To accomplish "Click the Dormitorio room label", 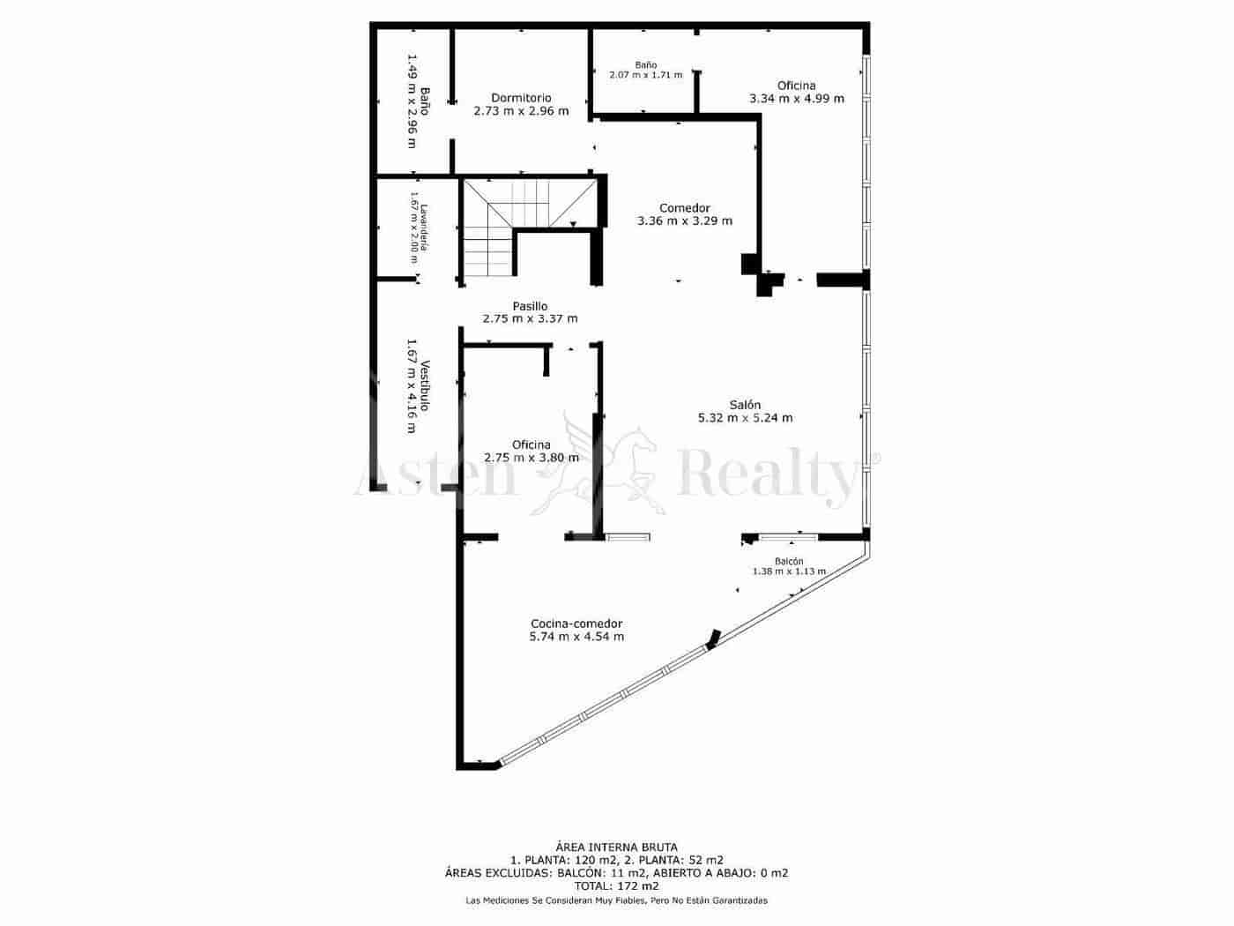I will [x=521, y=98].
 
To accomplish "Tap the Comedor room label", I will [x=684, y=208].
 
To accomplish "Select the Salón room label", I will [x=745, y=405].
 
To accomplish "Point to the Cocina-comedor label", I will [x=576, y=624].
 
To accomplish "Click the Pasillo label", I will [x=530, y=306].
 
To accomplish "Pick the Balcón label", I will [x=789, y=561].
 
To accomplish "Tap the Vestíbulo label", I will [x=425, y=386].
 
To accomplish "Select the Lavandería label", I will [x=424, y=228].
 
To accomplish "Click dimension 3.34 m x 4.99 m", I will [x=796, y=99].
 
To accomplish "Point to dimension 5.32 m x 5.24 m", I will [x=745, y=418].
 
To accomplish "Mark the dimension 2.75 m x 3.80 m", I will [x=532, y=458].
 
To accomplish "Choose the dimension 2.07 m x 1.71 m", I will [x=645, y=75].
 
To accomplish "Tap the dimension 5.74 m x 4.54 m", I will [x=576, y=637].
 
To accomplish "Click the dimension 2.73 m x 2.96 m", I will [x=521, y=111].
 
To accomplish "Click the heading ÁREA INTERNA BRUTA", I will [x=616, y=848].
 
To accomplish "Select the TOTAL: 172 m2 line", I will [x=616, y=885].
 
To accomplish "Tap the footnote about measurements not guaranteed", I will [x=616, y=900].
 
